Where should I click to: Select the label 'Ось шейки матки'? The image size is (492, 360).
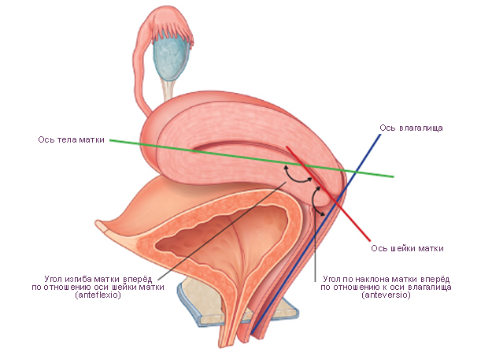tap(406, 248)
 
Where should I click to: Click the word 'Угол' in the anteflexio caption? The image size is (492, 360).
tap(58, 279)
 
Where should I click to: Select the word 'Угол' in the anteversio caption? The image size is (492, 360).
tap(335, 279)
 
